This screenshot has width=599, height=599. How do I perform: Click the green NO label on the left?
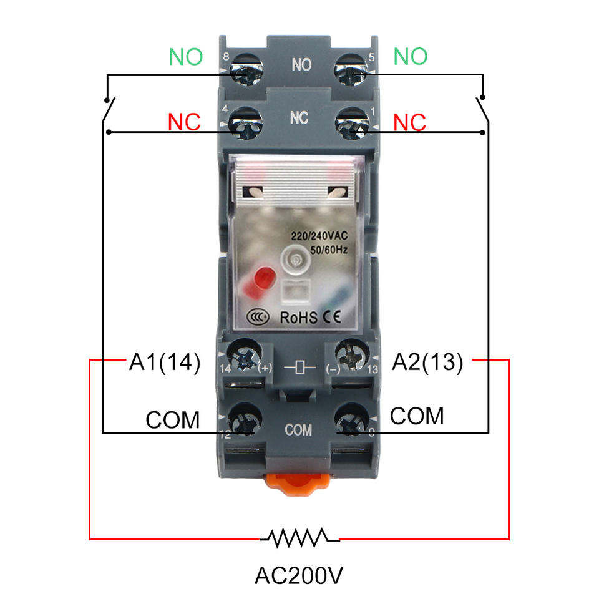(186, 57)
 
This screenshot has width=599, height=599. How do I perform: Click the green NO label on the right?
(411, 57)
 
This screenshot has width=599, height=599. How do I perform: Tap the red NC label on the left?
(184, 122)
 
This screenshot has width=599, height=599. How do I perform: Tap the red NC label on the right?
(409, 123)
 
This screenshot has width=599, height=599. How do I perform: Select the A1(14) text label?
(165, 362)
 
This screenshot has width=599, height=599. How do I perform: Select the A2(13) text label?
(428, 362)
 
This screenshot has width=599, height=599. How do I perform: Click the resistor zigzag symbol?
(300, 538)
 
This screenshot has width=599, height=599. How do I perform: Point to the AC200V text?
(299, 575)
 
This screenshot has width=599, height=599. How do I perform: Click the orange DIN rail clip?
(298, 484)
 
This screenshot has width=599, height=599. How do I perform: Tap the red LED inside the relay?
(259, 282)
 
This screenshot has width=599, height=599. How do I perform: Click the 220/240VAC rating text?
(319, 236)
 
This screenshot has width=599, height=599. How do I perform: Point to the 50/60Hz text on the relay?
(329, 250)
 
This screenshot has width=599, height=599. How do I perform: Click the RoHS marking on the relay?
(298, 318)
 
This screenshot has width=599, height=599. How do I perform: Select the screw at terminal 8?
(247, 71)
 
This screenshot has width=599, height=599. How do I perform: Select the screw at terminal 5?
(351, 71)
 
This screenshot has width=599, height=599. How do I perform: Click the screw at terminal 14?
(245, 356)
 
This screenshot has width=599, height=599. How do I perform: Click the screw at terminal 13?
(351, 356)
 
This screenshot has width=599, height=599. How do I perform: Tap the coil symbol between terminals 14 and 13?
(300, 368)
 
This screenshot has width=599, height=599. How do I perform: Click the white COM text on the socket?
(298, 430)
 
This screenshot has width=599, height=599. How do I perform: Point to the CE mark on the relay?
(331, 317)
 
